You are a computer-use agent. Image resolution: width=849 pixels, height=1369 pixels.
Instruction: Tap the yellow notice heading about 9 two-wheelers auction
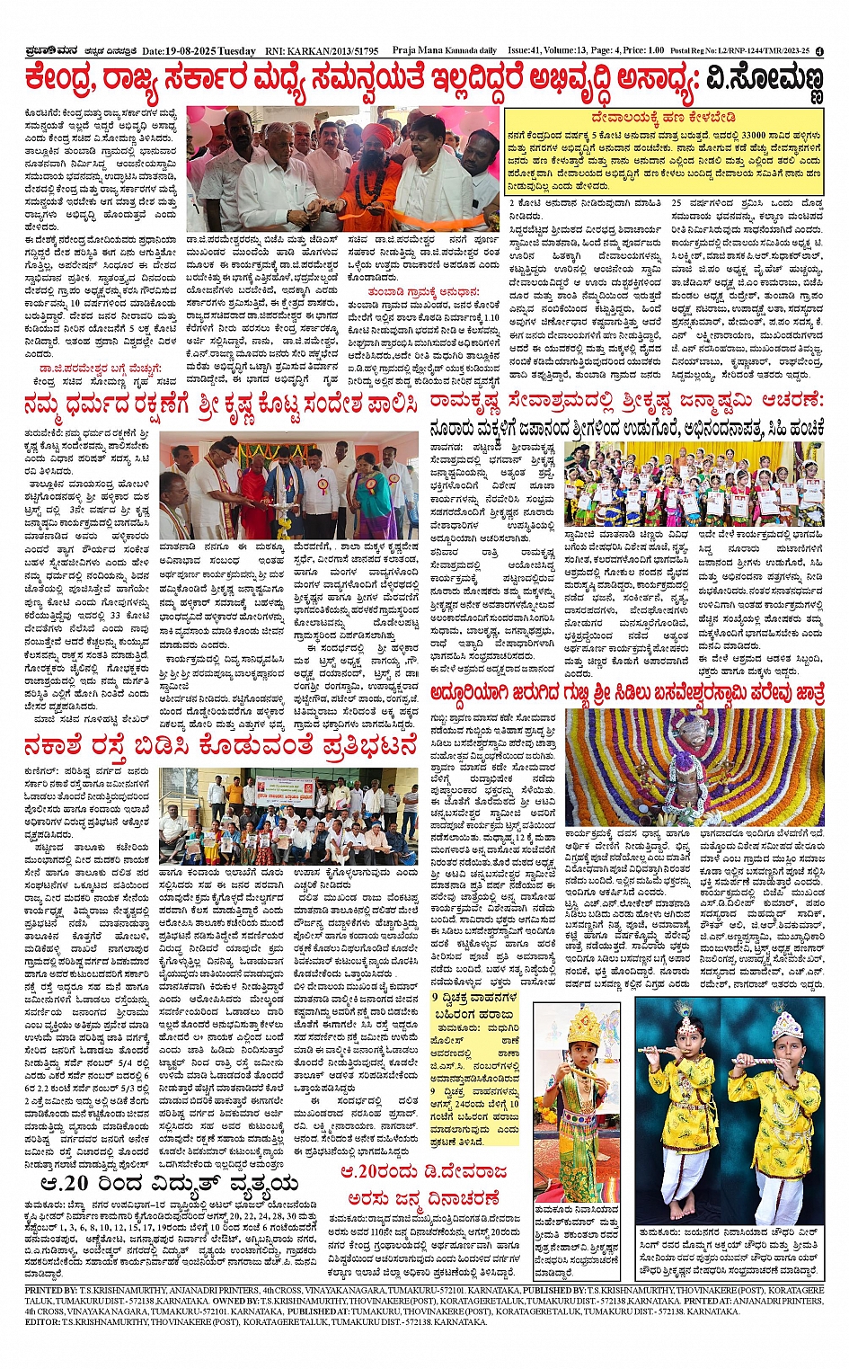coord(474,1005)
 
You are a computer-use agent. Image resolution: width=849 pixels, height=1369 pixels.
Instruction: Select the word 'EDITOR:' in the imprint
coord(42,1322)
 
